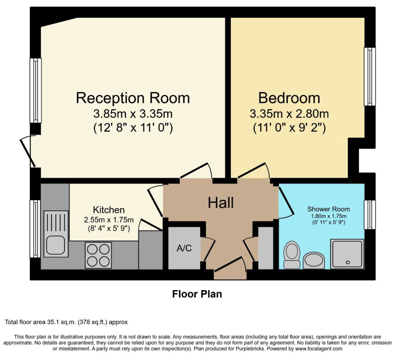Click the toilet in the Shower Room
[292, 255]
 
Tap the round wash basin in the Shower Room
[313, 261]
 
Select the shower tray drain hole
[347, 262]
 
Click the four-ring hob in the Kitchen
[98, 255]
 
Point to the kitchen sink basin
[56, 245]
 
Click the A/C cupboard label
[184, 248]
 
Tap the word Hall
[221, 203]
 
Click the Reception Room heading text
[133, 98]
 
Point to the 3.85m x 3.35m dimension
[133, 114]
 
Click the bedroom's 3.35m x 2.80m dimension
[289, 114]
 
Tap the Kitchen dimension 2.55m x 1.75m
[109, 220]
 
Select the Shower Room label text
[328, 209]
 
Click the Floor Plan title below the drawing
[197, 294]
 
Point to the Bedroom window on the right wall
[370, 77]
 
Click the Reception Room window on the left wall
[36, 90]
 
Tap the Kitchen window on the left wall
[35, 229]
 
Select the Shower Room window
[370, 215]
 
